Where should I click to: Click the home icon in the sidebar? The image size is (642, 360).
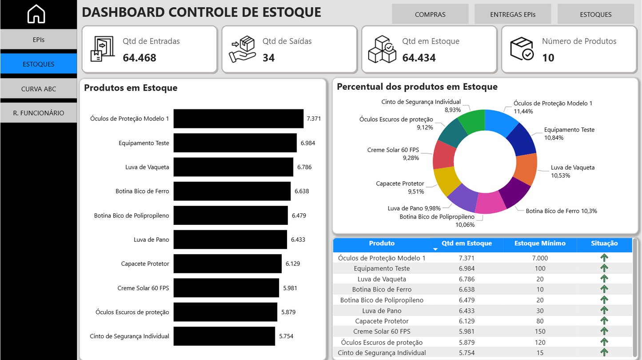[x=36, y=14]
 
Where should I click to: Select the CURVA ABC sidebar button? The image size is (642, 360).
[x=39, y=88]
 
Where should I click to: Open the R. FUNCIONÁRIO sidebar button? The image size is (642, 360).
[x=39, y=113]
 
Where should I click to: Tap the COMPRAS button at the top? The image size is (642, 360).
[x=430, y=14]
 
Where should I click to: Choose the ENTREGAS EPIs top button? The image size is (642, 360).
[x=512, y=14]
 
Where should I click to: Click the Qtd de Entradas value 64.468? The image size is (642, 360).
[x=140, y=58]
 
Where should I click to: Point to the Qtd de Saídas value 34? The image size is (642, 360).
[x=268, y=58]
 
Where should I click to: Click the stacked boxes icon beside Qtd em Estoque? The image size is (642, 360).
[x=382, y=49]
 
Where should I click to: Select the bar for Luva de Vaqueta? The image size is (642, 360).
[x=233, y=167]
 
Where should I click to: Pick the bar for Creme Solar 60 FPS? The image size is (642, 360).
[x=226, y=288]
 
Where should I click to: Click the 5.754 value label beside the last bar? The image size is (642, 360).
[x=286, y=336]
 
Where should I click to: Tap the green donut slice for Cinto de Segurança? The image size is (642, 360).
[x=472, y=120]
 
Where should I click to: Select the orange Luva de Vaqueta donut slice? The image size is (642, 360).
[x=526, y=169]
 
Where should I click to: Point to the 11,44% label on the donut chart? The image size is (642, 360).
[x=523, y=111]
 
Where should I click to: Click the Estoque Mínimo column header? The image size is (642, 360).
[x=539, y=244]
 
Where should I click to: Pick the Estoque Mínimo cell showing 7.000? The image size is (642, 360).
[x=540, y=258]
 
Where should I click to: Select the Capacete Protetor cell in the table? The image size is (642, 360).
[x=382, y=321]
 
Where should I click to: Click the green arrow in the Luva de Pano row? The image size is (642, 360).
[x=604, y=311]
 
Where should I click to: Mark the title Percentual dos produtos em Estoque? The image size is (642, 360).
[x=417, y=87]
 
